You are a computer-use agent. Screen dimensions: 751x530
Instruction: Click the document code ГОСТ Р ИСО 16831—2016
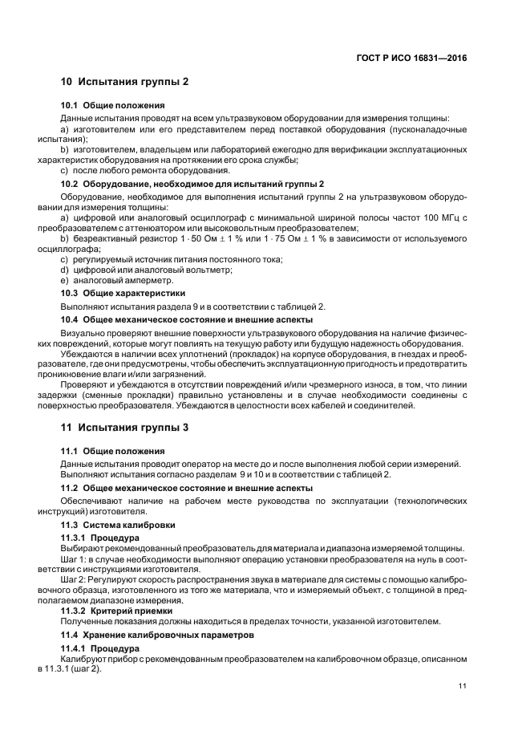[412, 58]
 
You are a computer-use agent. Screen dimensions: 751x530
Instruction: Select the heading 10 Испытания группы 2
[125, 82]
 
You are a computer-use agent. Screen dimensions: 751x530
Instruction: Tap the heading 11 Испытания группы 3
[125, 428]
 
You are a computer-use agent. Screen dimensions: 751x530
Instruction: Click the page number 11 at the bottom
[463, 685]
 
